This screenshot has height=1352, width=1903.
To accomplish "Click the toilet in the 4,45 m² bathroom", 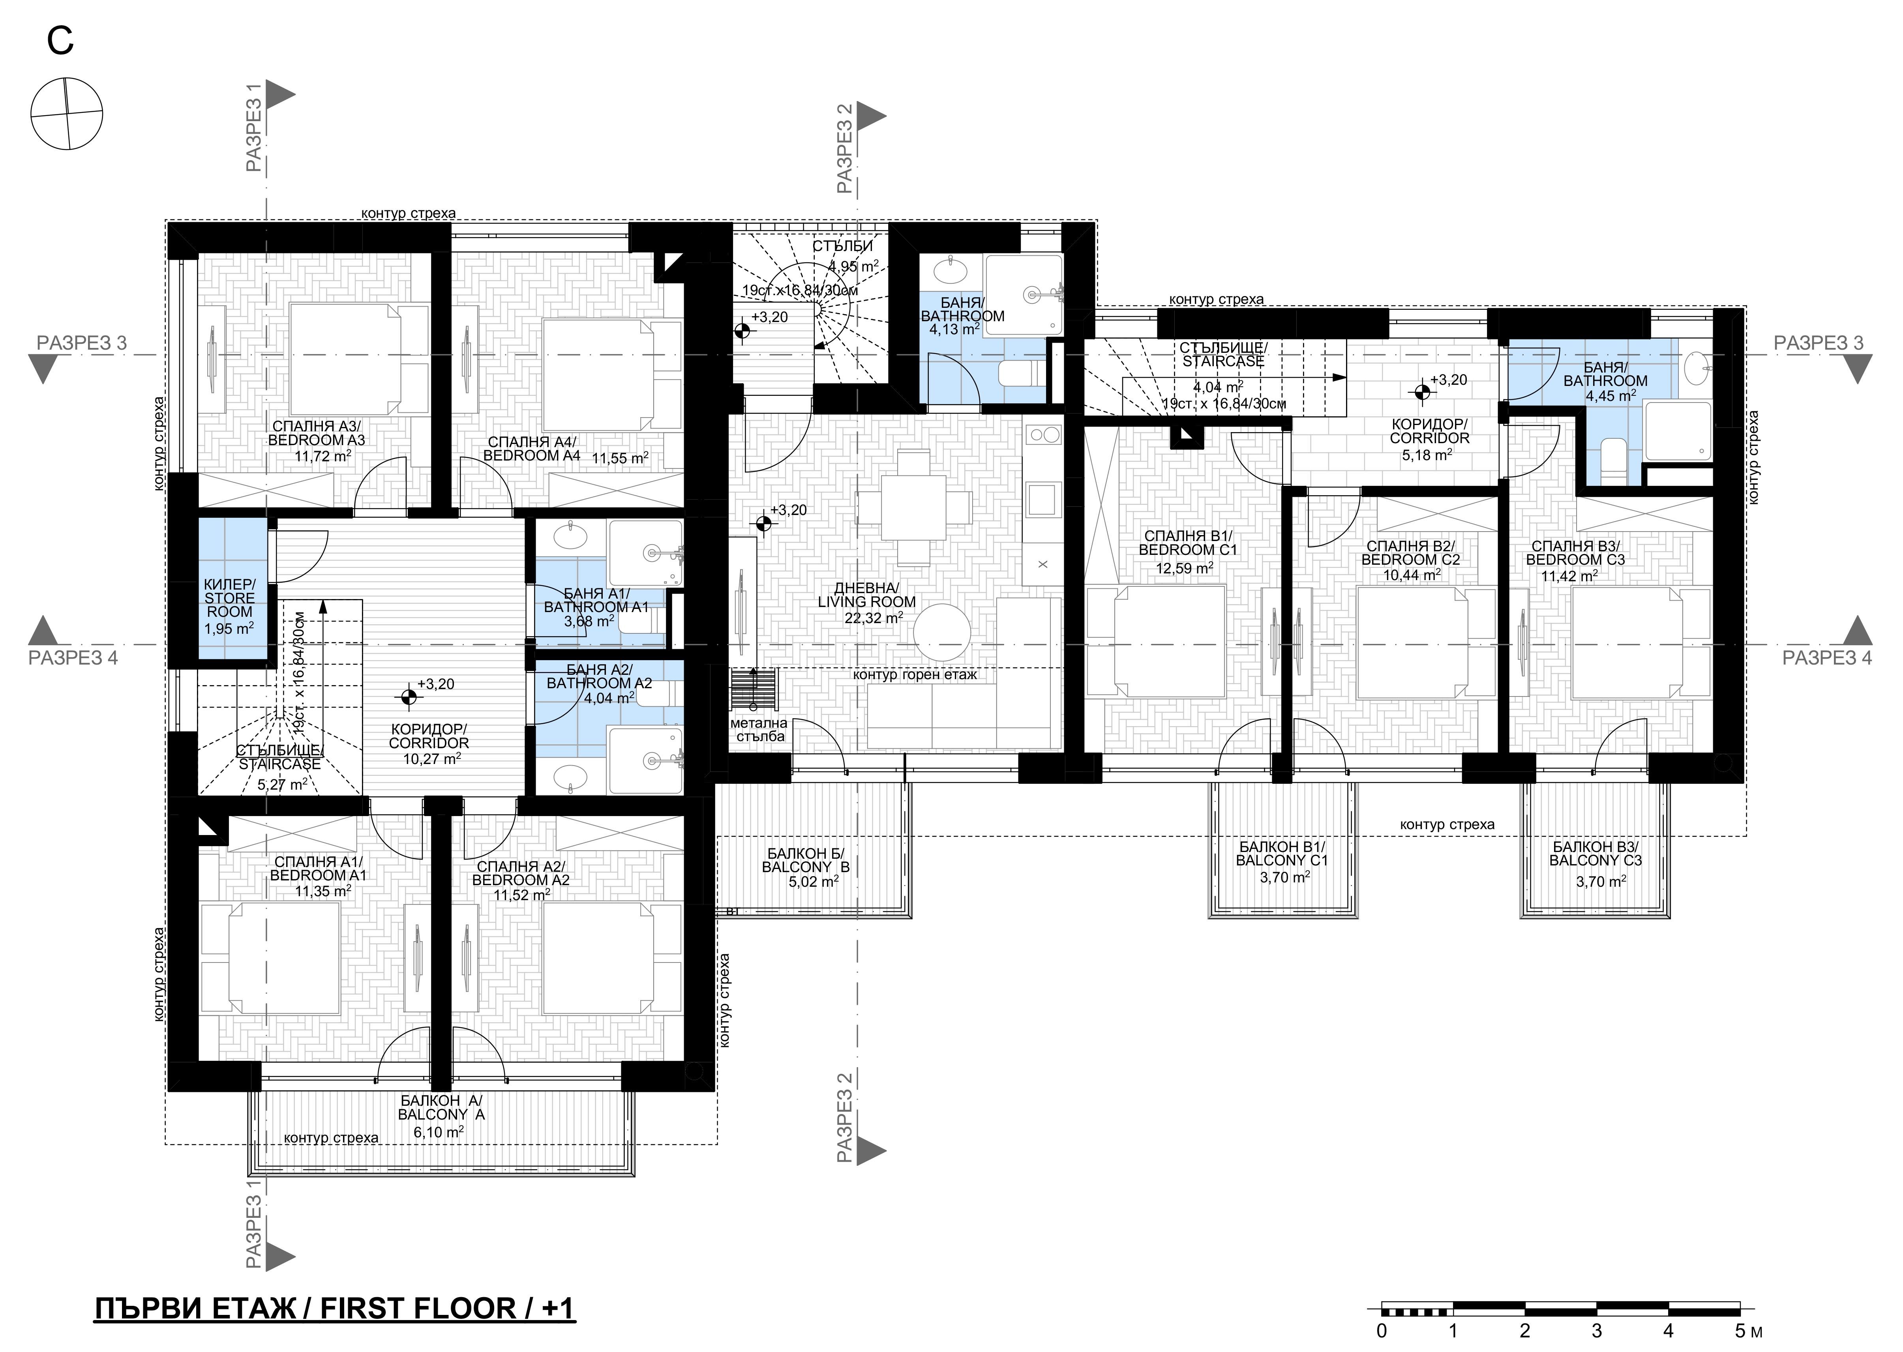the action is click(x=1613, y=462).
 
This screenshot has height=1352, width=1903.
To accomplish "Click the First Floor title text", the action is click(x=335, y=1308).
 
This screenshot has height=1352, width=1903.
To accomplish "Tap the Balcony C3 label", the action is click(x=1595, y=853).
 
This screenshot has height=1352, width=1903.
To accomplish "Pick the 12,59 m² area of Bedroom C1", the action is click(x=1183, y=569).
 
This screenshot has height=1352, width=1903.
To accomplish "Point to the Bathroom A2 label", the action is click(x=599, y=676).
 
